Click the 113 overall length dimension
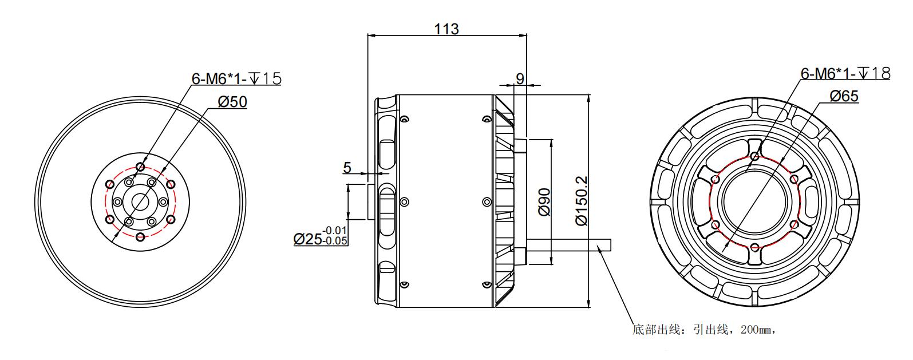click(x=446, y=29)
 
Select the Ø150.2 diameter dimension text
click(x=582, y=200)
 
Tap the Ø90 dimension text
click(x=544, y=202)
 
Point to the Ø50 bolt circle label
click(x=232, y=101)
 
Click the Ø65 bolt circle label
click(x=844, y=96)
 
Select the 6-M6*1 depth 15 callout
click(x=236, y=78)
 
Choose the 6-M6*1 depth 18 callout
click(x=845, y=73)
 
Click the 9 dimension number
click(x=520, y=78)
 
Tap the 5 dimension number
click(x=347, y=168)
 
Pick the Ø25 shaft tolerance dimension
click(x=321, y=236)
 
